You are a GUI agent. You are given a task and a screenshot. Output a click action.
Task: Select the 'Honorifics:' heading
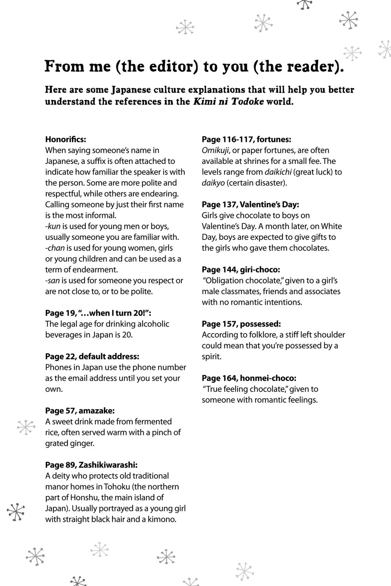coord(66,140)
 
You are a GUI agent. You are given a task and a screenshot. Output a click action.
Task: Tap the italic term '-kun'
coord(53,226)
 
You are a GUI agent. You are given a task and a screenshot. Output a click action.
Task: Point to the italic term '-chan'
coord(55,248)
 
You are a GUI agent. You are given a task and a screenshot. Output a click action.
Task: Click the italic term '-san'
coord(53,281)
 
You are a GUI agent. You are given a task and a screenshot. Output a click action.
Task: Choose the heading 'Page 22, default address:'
coord(92,356)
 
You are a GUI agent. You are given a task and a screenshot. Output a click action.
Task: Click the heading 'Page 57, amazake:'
coord(80,411)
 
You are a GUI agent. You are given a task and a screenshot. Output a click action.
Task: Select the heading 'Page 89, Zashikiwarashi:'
coord(91,465)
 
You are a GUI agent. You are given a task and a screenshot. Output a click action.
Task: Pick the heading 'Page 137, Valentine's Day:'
coord(250,205)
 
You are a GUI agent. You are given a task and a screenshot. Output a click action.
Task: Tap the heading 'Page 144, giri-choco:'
coord(241,270)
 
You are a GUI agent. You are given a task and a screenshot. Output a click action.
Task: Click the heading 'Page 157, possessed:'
coord(241,324)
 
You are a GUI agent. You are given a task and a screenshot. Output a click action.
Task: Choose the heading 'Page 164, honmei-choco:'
coord(249,378)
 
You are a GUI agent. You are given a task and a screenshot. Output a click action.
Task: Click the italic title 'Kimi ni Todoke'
coord(228,102)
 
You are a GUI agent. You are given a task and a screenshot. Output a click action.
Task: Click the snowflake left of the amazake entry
coord(26,427)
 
